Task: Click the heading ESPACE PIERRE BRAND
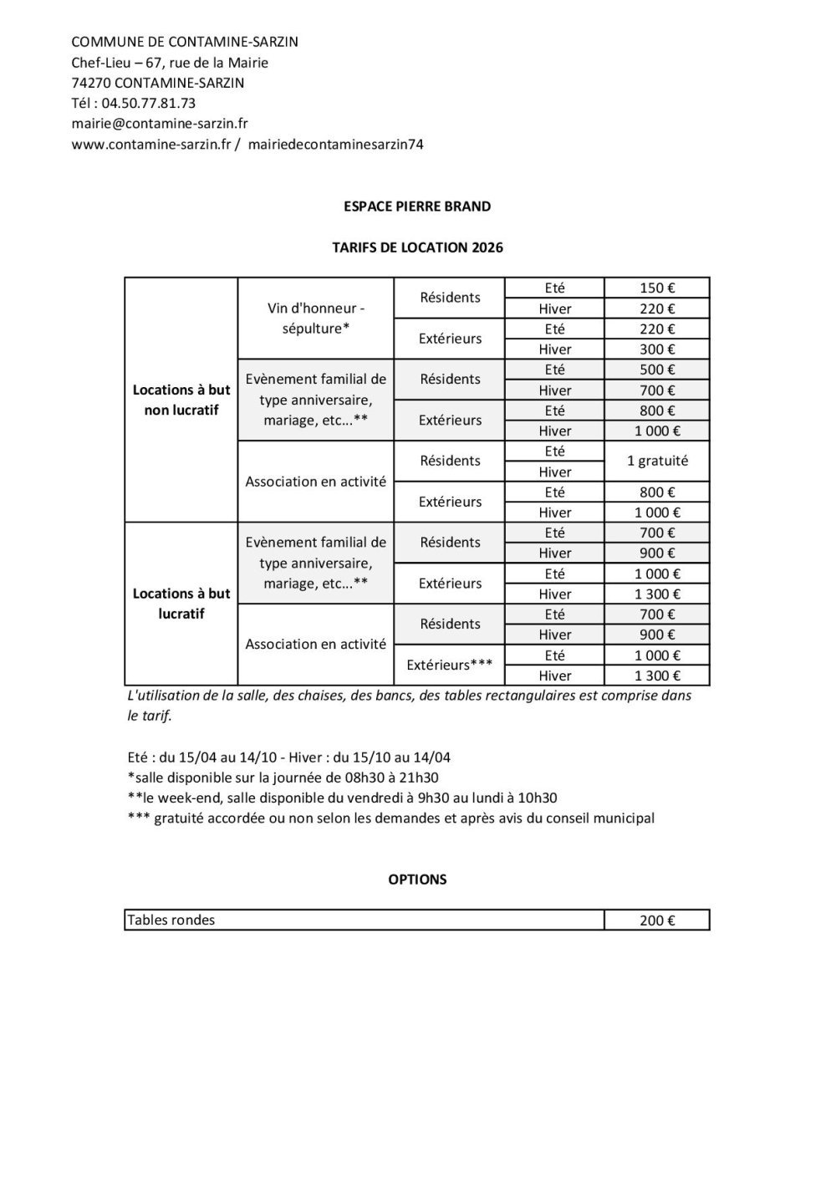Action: tap(417, 207)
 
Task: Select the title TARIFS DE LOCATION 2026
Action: tap(417, 247)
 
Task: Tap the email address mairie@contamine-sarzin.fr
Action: tap(160, 124)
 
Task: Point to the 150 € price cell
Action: tap(656, 288)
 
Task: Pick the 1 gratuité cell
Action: tap(656, 461)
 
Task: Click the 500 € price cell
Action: tap(656, 370)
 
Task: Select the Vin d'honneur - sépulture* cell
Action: tap(315, 319)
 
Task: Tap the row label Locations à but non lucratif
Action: tap(181, 400)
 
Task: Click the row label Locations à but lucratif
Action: tap(181, 604)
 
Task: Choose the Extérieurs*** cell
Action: tap(449, 665)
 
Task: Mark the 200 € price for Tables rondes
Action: tap(656, 920)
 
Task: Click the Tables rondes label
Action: tap(171, 920)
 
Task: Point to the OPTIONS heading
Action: tap(417, 880)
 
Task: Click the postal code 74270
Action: tap(90, 83)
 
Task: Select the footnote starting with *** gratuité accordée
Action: tap(391, 818)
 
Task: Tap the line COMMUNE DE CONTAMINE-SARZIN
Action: tap(185, 42)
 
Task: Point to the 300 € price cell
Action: tap(656, 349)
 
